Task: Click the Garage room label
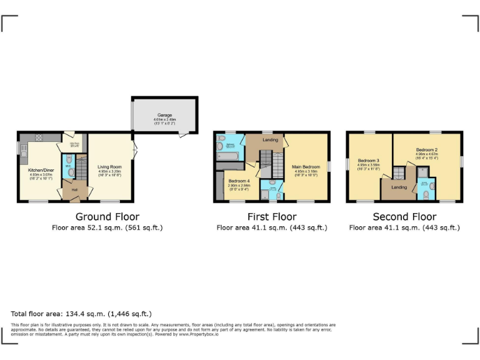[x=164, y=115]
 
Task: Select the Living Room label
[x=109, y=167]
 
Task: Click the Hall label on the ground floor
[x=74, y=189]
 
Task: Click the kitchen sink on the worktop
[x=24, y=150]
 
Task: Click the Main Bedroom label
[x=306, y=167]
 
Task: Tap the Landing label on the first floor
[x=270, y=139]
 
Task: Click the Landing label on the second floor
[x=399, y=187]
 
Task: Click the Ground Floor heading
[x=107, y=217]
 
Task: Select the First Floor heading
[x=271, y=217]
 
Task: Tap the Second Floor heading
[x=404, y=217]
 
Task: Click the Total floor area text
[x=81, y=314]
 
